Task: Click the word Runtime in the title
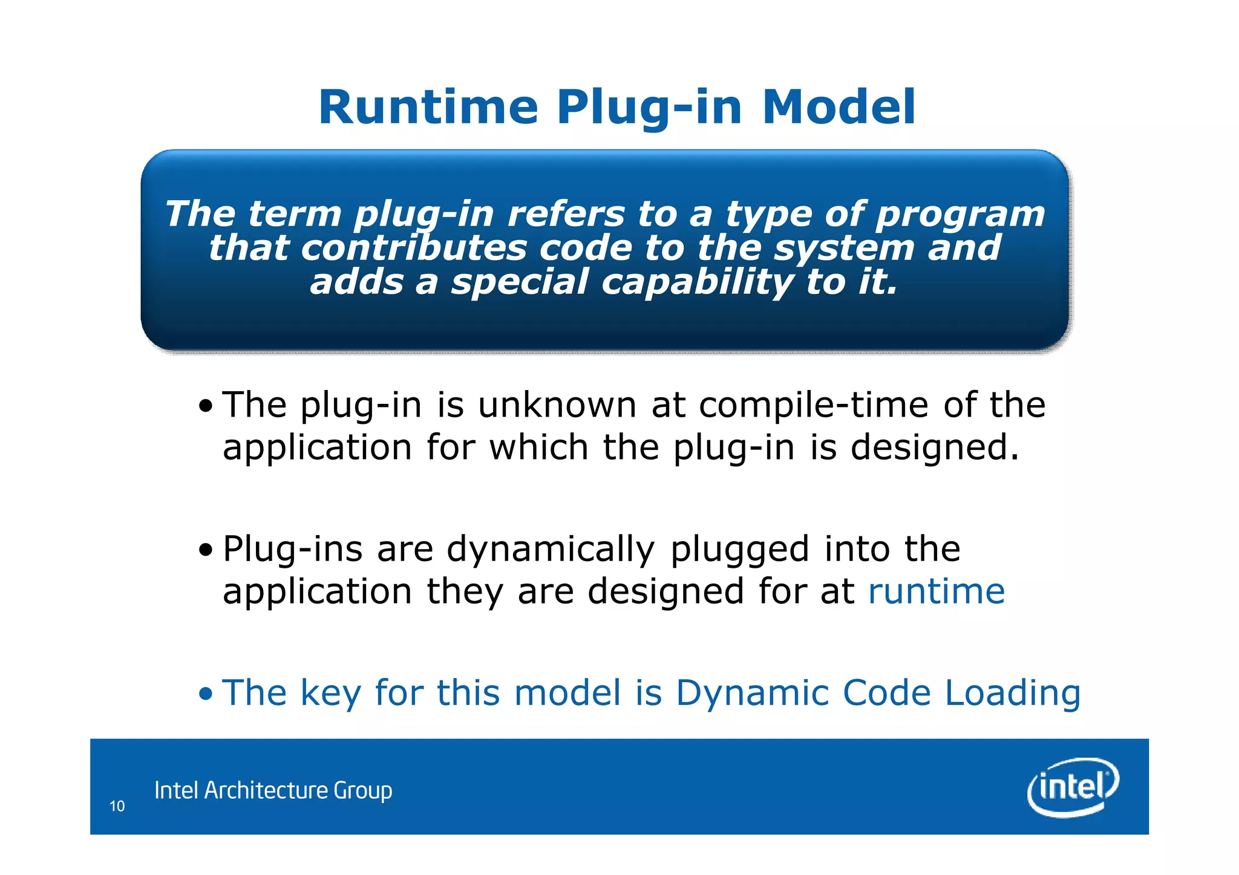coord(428,108)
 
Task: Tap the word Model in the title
coord(839,108)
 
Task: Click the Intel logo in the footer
coord(1072,787)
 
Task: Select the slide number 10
coord(117,806)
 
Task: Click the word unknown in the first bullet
coord(557,405)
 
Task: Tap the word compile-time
coord(813,405)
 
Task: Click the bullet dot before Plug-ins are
coord(206,550)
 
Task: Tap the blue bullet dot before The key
coord(206,694)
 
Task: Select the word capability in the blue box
coord(696,282)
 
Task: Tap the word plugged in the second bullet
coord(739,549)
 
